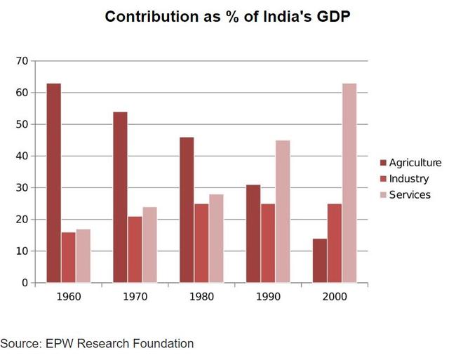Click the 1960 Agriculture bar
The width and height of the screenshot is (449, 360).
point(53,183)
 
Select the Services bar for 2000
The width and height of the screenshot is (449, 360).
point(349,183)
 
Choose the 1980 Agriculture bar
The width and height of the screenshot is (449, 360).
point(187,210)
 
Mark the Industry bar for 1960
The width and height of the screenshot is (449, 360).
point(68,258)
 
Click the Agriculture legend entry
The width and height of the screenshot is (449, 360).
point(414,163)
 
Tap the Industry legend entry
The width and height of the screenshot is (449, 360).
point(408,179)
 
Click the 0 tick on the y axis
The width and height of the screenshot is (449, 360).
point(24,283)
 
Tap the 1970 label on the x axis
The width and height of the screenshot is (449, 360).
point(135,297)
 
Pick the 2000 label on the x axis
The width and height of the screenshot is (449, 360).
point(335,297)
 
